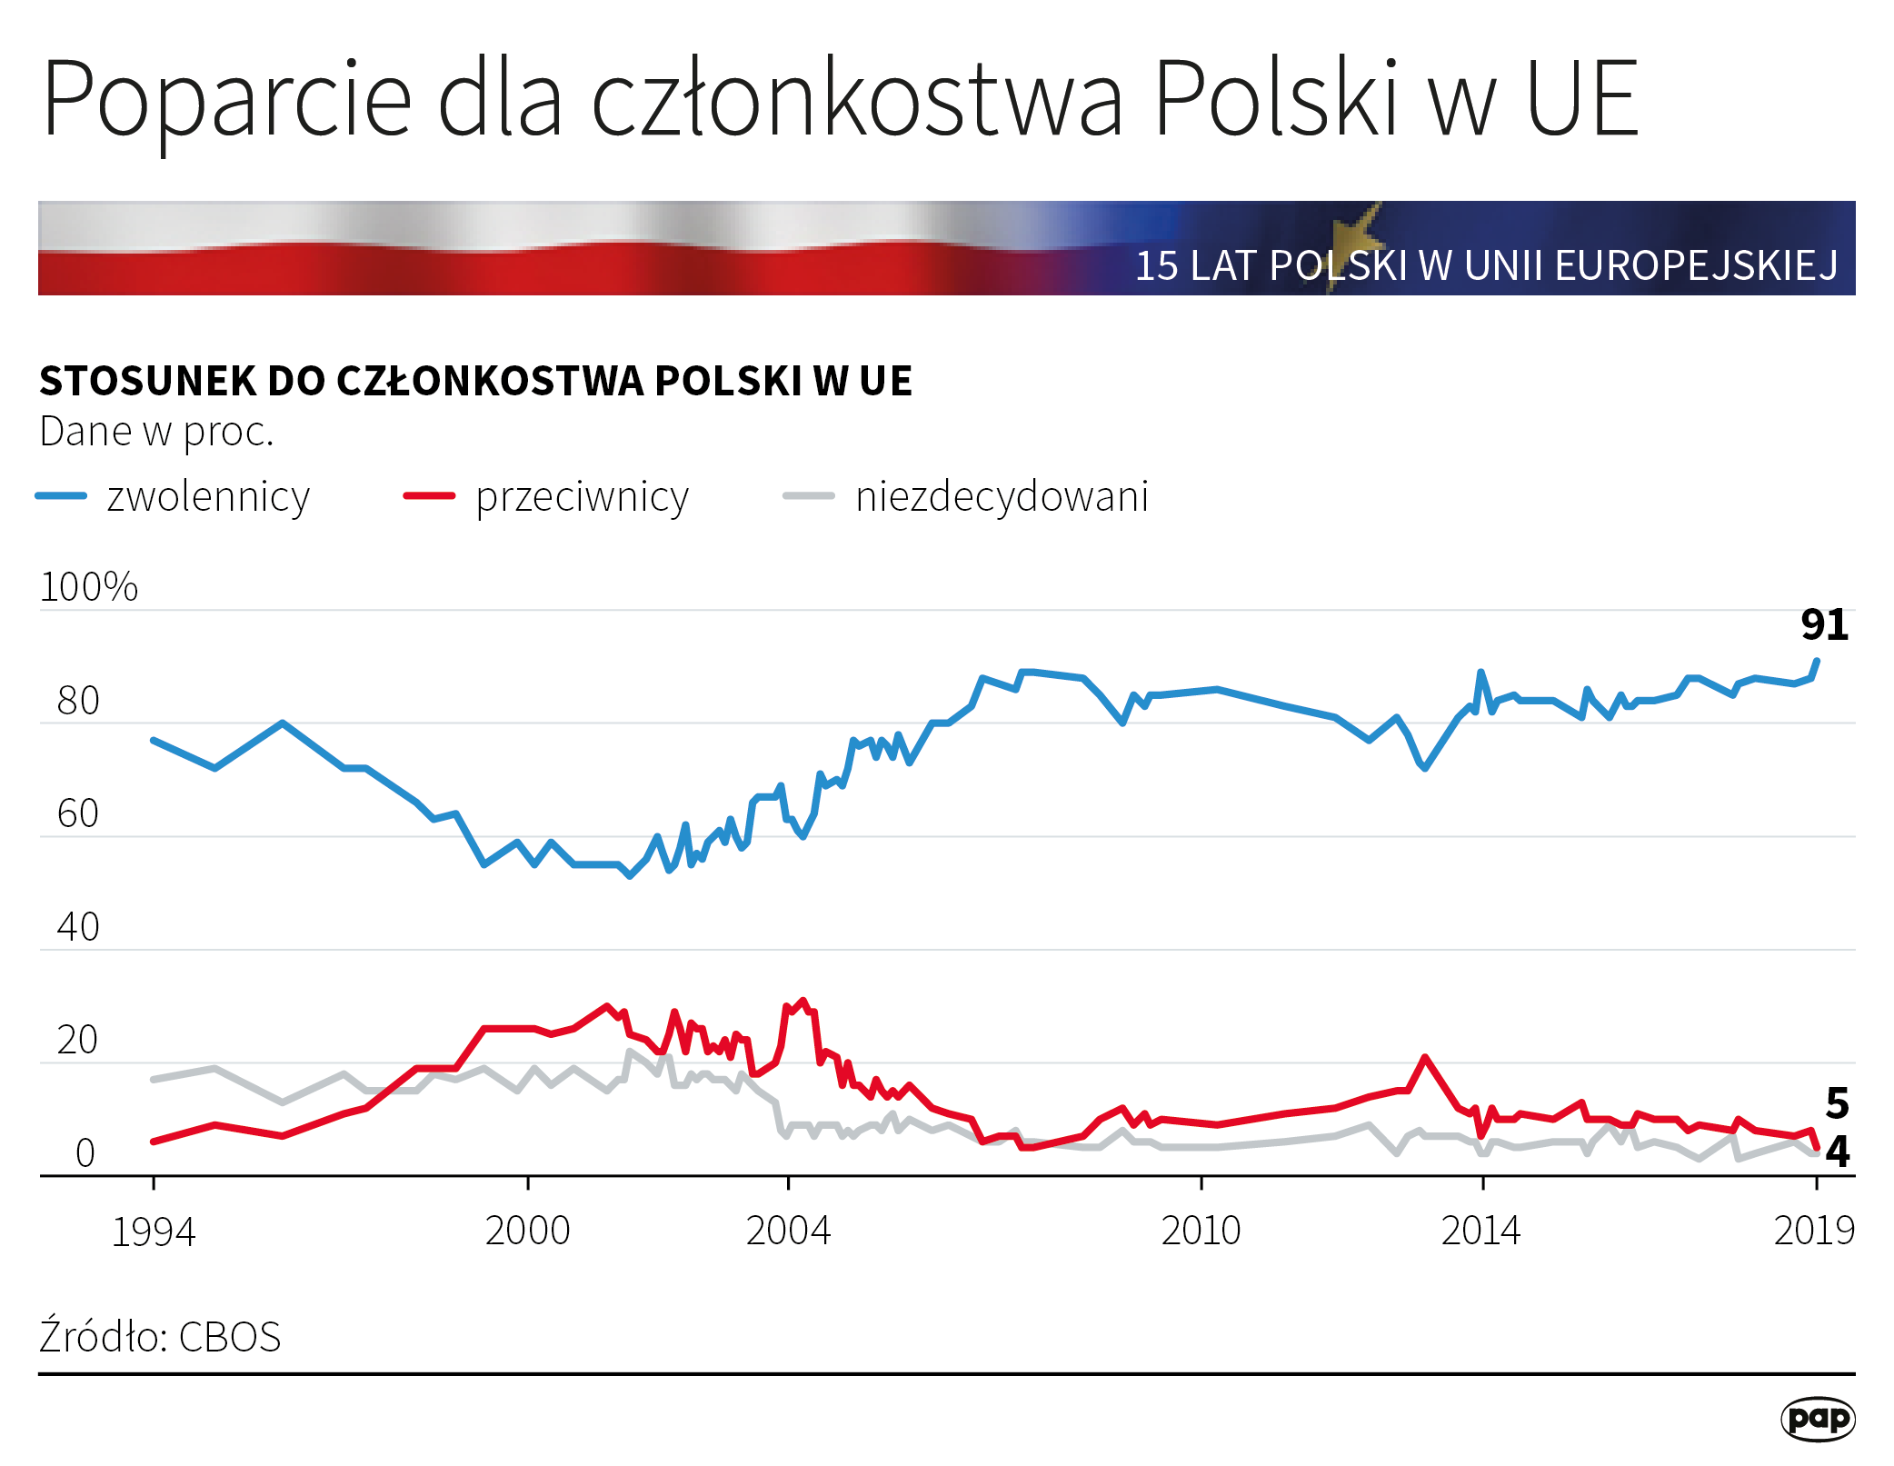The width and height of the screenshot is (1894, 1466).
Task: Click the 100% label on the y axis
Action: click(88, 586)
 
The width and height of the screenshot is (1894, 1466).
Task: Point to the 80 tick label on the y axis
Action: click(78, 701)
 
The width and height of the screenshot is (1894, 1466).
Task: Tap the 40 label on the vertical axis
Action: click(78, 927)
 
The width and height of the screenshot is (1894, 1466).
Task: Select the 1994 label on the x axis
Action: click(153, 1232)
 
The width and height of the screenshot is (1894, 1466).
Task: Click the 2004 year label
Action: click(788, 1231)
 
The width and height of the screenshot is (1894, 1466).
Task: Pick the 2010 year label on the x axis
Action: click(1201, 1231)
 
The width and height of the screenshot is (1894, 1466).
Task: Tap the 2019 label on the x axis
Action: click(1814, 1231)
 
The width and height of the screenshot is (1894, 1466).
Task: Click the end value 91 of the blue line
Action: click(1825, 625)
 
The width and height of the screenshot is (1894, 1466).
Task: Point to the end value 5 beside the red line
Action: click(1838, 1103)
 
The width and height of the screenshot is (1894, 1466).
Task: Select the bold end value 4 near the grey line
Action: click(1838, 1152)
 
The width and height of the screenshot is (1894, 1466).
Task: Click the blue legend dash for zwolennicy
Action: click(61, 495)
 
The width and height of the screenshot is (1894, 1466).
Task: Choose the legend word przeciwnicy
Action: click(583, 497)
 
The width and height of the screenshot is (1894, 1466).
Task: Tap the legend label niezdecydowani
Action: click(1002, 496)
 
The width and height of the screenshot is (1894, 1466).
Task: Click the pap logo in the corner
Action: click(1818, 1419)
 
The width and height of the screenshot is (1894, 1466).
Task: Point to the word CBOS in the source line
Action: click(230, 1337)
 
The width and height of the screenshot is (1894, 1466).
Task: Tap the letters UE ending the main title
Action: click(1582, 98)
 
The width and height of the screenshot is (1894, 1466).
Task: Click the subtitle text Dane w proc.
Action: click(156, 432)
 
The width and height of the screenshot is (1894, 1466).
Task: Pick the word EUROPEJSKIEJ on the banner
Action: click(1696, 265)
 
